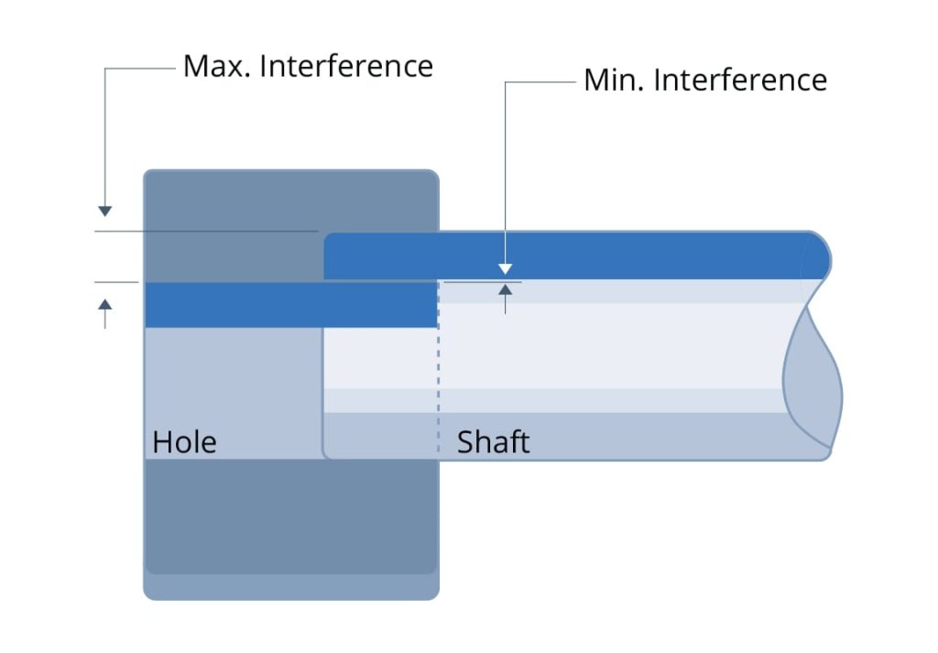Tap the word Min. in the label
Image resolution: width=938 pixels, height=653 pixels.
(613, 81)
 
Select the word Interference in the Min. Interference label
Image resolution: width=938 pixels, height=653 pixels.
(740, 81)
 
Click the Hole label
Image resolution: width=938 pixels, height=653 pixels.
(184, 442)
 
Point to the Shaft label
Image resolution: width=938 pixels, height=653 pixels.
(493, 442)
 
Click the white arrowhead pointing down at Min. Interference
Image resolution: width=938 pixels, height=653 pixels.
(504, 269)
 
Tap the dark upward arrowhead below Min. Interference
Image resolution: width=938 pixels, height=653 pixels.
(504, 290)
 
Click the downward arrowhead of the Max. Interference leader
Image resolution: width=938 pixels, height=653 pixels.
(105, 212)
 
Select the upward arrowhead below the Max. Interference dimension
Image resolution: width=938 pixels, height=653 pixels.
(105, 303)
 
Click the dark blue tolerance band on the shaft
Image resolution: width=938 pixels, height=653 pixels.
(568, 256)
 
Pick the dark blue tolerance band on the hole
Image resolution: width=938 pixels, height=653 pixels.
(289, 305)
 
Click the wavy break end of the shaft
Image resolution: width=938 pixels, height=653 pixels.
(813, 375)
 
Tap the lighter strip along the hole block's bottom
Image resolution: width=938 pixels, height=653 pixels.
(290, 587)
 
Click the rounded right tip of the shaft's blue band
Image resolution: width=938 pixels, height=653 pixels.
(819, 256)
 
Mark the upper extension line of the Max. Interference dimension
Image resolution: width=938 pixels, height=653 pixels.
(206, 232)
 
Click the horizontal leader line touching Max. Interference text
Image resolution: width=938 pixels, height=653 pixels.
(139, 67)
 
